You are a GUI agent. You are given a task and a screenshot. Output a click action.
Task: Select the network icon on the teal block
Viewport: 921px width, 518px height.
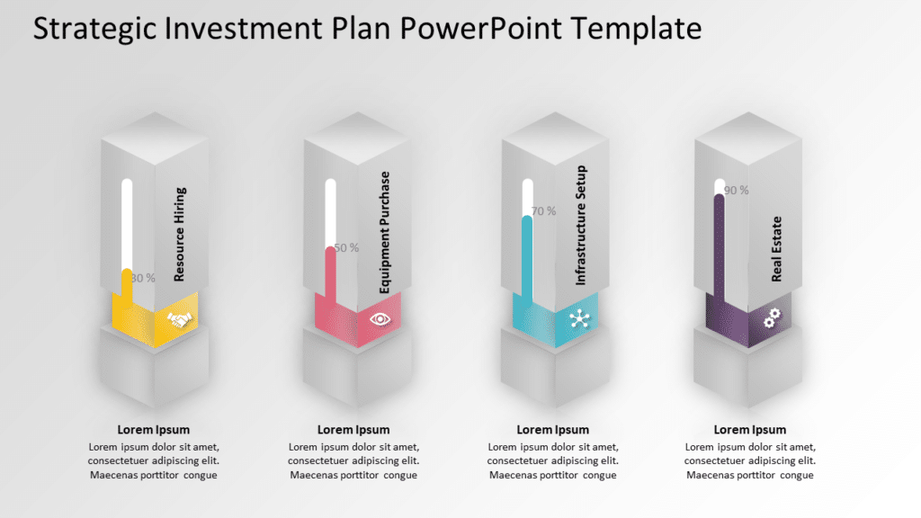click(x=577, y=318)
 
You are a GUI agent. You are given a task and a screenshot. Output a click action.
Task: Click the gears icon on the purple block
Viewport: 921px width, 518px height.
click(x=772, y=317)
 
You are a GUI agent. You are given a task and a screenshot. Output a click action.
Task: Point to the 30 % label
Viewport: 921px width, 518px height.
click(x=143, y=278)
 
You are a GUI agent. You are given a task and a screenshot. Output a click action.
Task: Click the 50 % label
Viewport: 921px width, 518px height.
click(x=346, y=247)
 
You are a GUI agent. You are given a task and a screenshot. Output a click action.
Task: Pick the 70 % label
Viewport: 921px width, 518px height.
click(x=543, y=211)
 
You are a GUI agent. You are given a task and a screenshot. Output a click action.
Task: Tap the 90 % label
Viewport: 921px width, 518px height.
click(x=737, y=190)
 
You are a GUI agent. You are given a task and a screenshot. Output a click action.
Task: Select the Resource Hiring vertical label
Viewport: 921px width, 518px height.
click(x=180, y=234)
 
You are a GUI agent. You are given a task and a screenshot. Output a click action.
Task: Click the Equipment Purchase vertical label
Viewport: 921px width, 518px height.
click(x=385, y=232)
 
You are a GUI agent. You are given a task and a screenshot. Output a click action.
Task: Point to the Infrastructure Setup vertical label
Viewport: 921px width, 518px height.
click(x=581, y=225)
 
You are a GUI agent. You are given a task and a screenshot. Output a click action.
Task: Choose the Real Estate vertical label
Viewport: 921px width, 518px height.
click(x=777, y=249)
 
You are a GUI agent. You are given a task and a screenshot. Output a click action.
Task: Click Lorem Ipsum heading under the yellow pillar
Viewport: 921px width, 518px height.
click(x=154, y=430)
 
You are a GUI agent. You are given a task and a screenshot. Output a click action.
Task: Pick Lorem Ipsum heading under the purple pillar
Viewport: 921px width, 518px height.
click(x=750, y=430)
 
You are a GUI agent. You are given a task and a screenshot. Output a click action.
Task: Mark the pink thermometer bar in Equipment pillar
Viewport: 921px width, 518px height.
click(x=330, y=274)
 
